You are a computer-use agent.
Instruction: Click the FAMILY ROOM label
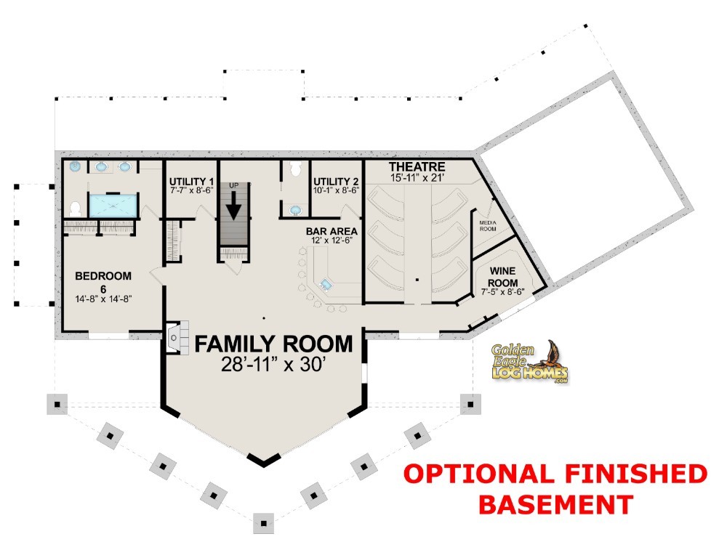click(x=273, y=344)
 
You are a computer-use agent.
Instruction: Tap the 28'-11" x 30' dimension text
click(x=272, y=365)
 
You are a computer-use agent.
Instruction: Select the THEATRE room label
click(x=417, y=166)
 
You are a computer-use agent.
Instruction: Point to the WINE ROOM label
click(x=502, y=277)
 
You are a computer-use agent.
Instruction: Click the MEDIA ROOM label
click(x=488, y=226)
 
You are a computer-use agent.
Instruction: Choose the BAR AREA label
click(x=332, y=231)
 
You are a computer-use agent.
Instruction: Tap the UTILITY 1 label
click(x=191, y=181)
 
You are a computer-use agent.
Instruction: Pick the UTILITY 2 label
click(x=336, y=181)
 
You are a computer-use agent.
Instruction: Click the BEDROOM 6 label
click(x=103, y=282)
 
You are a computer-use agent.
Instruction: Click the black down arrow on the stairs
click(x=233, y=206)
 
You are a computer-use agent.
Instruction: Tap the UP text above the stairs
click(x=233, y=185)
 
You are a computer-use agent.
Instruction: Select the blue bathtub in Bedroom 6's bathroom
click(x=113, y=206)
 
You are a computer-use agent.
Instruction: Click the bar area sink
click(x=326, y=284)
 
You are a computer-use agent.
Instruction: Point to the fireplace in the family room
click(x=176, y=338)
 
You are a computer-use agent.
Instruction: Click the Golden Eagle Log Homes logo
click(x=529, y=363)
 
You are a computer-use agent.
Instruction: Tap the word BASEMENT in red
click(x=555, y=503)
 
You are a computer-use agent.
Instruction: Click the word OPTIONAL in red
click(x=478, y=474)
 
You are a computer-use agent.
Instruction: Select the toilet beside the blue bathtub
click(x=75, y=209)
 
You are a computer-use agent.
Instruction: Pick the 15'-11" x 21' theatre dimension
click(x=417, y=177)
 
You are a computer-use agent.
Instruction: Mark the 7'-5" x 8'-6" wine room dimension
click(x=502, y=292)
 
